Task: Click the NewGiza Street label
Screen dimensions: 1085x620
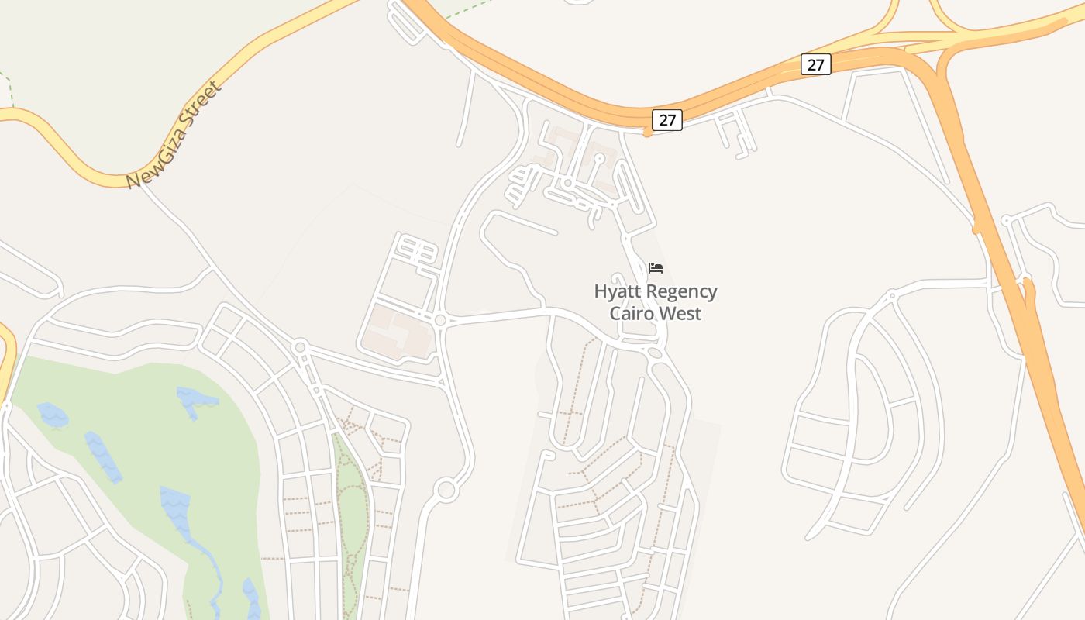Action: coord(174,135)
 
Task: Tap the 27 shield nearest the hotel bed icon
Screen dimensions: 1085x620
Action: coord(666,120)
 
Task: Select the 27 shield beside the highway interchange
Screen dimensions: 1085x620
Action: coord(815,64)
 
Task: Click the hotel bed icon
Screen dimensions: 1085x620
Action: coord(656,269)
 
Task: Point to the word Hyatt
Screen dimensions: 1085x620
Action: coord(618,292)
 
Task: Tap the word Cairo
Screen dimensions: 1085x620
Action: coord(632,314)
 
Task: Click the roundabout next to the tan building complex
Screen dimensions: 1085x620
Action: coord(440,320)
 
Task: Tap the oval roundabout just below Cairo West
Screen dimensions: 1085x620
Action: coord(655,353)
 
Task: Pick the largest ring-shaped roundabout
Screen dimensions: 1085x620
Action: coord(446,490)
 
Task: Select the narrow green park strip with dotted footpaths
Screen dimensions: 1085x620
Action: coord(351,511)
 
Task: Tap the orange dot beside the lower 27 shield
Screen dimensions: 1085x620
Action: coord(647,133)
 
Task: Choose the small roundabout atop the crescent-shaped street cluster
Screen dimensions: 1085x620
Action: coord(891,295)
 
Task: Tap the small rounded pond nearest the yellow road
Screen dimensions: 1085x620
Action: coord(52,415)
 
